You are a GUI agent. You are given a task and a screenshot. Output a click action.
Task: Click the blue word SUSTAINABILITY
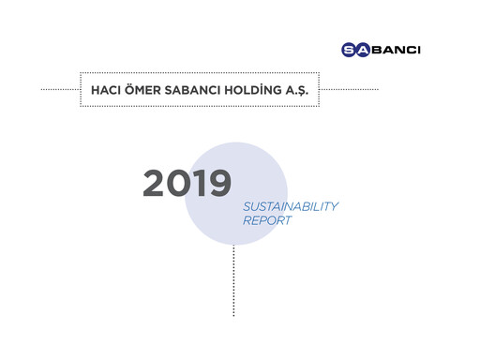(x=290, y=206)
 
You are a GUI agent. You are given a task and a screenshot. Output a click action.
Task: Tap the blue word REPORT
(x=267, y=222)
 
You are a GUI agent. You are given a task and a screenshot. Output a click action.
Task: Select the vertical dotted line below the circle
(x=233, y=281)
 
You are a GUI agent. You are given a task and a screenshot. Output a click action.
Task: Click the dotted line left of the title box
(x=61, y=90)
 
